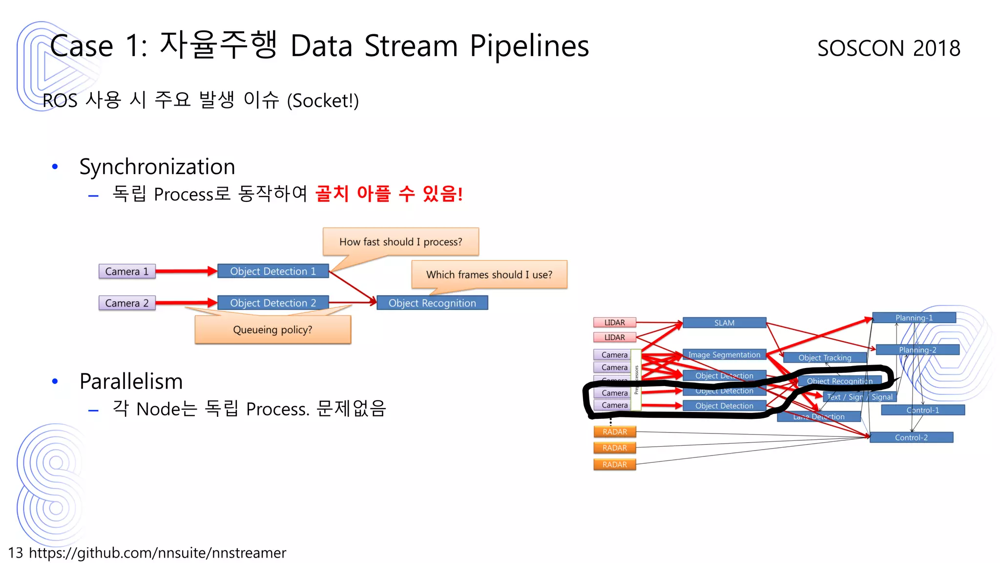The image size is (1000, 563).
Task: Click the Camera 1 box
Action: (127, 271)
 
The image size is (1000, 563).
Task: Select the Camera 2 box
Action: (127, 303)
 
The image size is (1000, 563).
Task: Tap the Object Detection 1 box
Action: (273, 271)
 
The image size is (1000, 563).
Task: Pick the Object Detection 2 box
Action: (273, 303)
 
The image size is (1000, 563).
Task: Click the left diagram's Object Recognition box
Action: (432, 303)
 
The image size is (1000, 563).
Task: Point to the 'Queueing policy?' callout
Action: (272, 330)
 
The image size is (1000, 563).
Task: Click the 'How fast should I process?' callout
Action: (400, 242)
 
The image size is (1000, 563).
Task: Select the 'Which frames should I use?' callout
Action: (489, 275)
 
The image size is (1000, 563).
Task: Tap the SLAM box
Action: (724, 323)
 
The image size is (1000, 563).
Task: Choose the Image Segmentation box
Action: (724, 355)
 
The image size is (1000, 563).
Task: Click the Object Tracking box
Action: (825, 358)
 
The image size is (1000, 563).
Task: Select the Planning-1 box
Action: (914, 318)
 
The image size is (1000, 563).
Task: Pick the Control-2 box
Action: (911, 437)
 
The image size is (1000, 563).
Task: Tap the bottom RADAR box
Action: (614, 464)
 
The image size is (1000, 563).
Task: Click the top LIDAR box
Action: (614, 323)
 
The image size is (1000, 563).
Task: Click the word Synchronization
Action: (157, 167)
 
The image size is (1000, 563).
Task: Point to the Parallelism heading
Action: (131, 381)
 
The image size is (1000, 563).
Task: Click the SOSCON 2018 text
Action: (889, 48)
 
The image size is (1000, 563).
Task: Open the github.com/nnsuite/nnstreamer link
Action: (157, 553)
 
